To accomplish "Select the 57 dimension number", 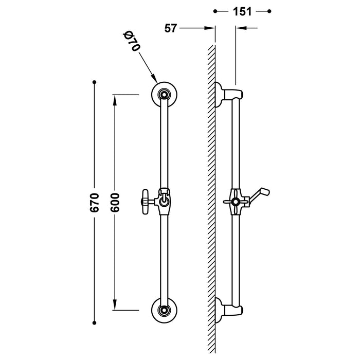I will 171,29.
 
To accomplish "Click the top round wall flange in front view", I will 164,94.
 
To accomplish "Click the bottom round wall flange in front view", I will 164,310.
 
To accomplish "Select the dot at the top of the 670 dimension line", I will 94,81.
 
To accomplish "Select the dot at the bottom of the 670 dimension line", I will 94,323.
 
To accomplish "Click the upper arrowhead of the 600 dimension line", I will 115,98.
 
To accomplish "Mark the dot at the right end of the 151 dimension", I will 270,11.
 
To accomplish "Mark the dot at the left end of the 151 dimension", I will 215,11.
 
